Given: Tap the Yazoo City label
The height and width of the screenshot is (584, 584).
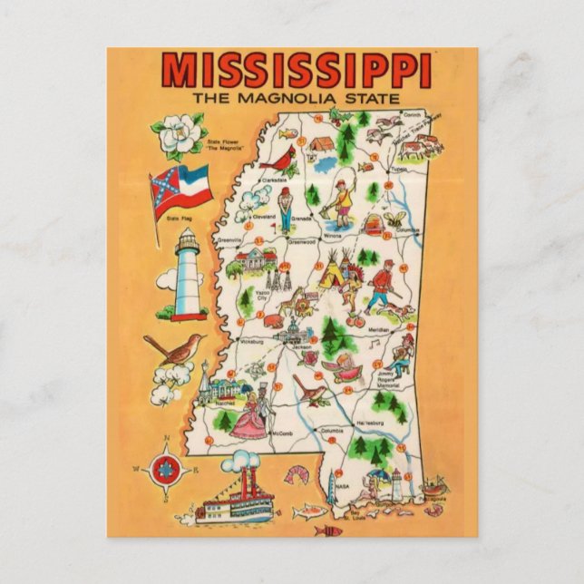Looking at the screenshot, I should coord(262,293).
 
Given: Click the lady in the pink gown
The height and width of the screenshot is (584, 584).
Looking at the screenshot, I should coord(247,421).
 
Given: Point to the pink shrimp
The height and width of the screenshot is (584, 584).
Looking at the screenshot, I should coord(297,472).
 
